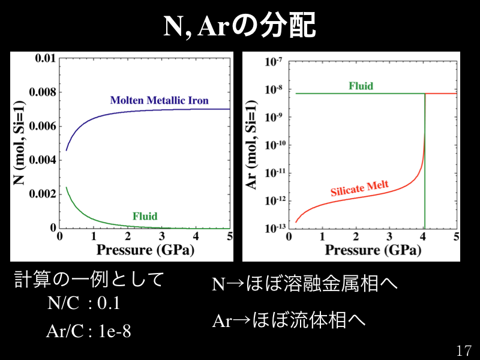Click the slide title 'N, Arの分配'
click(240, 25)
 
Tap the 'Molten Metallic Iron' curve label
click(159, 100)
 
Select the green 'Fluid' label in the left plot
click(145, 216)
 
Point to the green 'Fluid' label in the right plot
click(361, 86)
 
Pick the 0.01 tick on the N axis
click(45, 58)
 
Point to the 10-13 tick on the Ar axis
click(274, 228)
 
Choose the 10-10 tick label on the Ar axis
click(274, 145)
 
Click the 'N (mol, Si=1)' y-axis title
click(20, 143)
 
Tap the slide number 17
click(464, 350)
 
